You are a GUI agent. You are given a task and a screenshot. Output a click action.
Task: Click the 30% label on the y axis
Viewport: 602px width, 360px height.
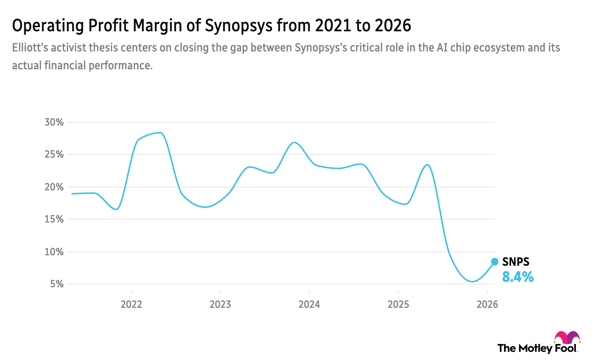pos(54,122)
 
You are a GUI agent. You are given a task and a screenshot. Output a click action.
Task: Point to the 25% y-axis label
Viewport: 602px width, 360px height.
pos(54,154)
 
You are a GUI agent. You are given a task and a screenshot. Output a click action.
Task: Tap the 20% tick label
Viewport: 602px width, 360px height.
pos(54,187)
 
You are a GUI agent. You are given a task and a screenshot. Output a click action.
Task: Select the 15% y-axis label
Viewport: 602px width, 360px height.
pos(54,219)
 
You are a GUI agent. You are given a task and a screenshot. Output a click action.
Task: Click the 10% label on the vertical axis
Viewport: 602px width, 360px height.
pos(54,252)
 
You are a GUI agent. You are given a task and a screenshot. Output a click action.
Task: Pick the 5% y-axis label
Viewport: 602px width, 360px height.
pos(57,284)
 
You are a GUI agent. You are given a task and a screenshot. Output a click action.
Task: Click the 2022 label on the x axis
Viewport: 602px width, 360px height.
pos(131,304)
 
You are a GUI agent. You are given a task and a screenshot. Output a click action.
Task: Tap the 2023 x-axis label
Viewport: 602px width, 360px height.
pos(220,304)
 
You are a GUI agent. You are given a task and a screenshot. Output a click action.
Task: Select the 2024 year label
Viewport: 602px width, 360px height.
pos(309,304)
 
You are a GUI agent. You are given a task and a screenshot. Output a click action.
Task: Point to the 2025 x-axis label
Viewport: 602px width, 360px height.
pos(398,304)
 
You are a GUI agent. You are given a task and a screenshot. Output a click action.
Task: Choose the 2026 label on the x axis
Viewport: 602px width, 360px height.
pos(487,304)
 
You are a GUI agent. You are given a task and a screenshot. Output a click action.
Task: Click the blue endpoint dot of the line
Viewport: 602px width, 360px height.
pos(495,262)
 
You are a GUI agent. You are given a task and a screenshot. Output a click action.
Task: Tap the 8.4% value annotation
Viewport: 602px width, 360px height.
pos(518,277)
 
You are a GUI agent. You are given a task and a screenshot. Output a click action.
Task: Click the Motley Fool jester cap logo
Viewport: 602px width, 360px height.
pos(567,338)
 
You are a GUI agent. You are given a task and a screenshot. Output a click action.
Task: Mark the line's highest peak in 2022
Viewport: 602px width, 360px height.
pos(159,132)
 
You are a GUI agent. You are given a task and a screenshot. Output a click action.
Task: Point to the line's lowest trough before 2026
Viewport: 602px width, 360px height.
pos(472,282)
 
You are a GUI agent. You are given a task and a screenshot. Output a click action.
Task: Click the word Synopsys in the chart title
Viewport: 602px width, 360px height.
pos(239,26)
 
